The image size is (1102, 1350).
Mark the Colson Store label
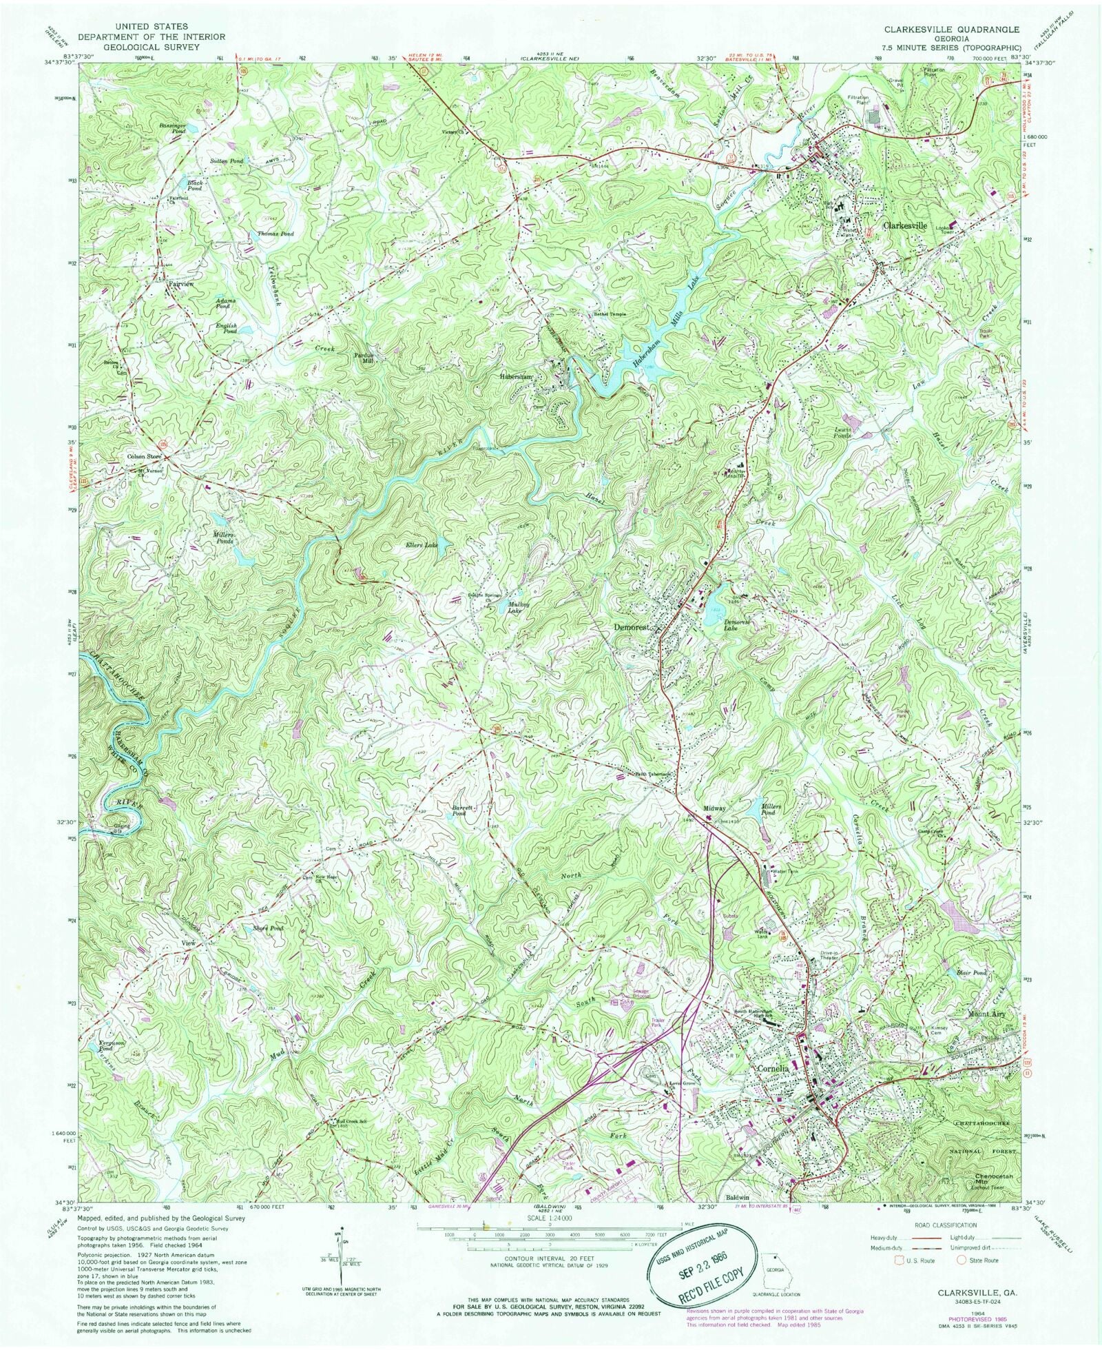coord(144,456)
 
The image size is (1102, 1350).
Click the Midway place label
coord(714,808)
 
